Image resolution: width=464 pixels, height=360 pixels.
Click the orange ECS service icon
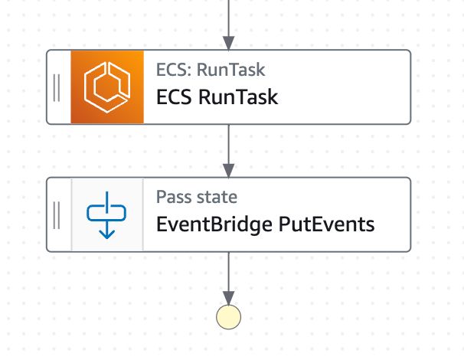107,87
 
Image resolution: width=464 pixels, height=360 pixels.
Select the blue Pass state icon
107,214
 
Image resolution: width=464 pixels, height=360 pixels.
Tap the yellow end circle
228,316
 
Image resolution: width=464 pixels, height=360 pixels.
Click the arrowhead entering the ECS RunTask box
228,42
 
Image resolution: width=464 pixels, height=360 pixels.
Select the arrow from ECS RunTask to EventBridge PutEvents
228,150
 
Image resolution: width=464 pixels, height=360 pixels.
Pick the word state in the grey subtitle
217,197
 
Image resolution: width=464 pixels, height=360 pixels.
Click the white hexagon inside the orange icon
107,87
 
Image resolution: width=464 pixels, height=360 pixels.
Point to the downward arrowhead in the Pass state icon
107,231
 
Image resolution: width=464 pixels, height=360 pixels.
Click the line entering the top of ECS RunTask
228,19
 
